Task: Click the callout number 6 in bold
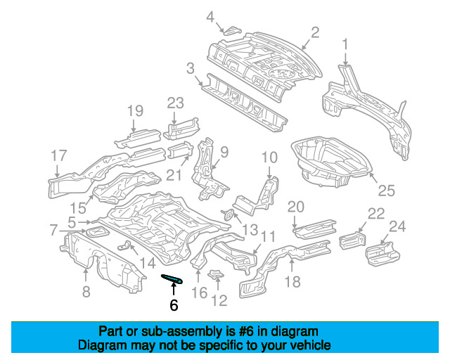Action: (174, 305)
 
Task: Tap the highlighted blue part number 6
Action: (173, 279)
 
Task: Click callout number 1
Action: (345, 46)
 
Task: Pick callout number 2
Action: (315, 32)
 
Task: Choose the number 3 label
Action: (190, 68)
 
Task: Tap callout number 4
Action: (210, 16)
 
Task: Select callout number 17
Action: (58, 155)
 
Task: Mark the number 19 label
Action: (134, 110)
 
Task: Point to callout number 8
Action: (86, 290)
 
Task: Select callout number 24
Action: (397, 226)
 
